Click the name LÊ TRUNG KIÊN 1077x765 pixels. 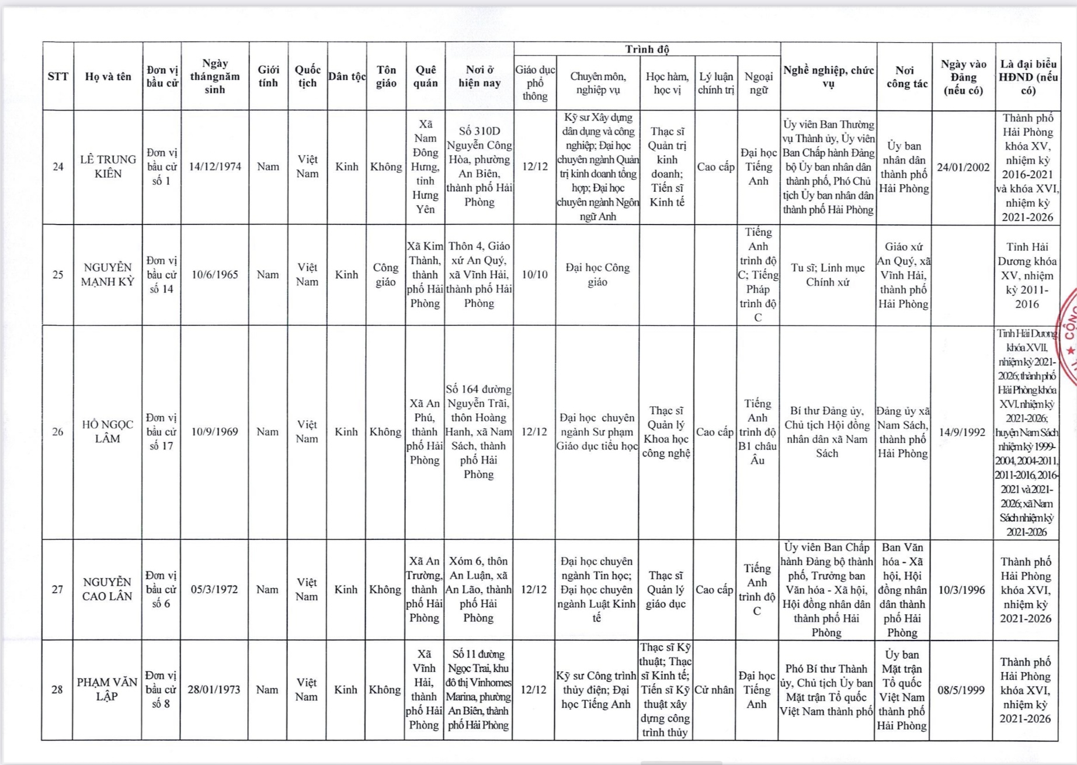(108, 167)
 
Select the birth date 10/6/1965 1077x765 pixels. (215, 275)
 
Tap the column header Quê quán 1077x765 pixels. (425, 77)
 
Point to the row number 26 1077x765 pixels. (58, 432)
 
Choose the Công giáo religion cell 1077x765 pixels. (385, 275)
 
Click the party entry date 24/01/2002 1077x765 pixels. (963, 167)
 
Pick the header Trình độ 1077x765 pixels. (647, 49)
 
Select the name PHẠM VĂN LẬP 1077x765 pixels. (107, 690)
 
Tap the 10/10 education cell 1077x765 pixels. (535, 275)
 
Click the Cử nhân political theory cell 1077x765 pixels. (714, 690)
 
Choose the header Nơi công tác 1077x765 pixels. (904, 77)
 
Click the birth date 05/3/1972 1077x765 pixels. (214, 590)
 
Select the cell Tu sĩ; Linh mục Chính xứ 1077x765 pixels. (828, 275)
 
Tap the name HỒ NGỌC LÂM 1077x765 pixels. (108, 432)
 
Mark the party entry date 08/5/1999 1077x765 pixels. (961, 690)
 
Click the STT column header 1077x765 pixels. (58, 77)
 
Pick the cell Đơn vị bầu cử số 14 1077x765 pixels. (162, 275)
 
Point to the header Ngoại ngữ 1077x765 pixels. (759, 83)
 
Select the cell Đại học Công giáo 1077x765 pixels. (597, 275)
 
